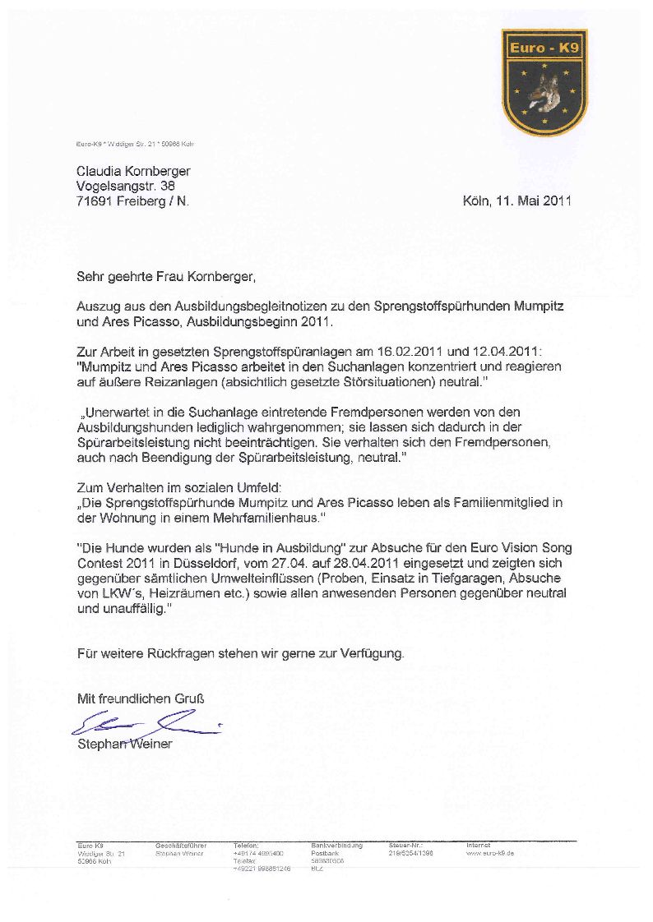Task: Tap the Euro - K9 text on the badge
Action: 544,48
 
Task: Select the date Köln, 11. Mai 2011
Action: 516,201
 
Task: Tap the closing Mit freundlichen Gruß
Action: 141,698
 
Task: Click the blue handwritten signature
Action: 144,724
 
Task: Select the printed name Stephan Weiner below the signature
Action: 125,745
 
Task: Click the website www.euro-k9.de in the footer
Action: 490,854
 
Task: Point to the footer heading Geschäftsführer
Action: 181,846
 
